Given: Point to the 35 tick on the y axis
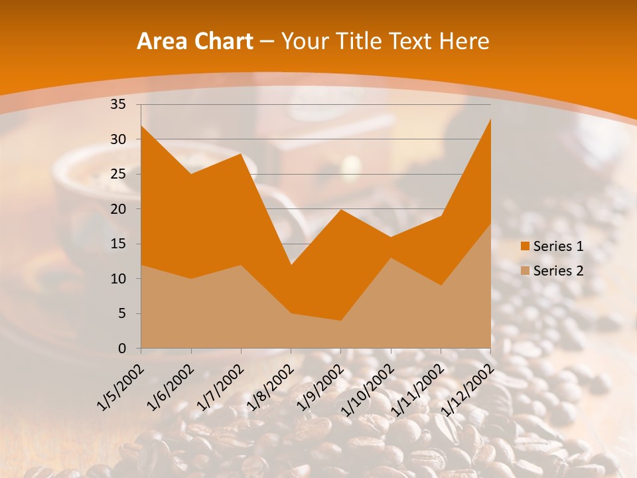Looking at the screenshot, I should tap(117, 104).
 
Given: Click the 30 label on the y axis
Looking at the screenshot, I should tap(117, 139).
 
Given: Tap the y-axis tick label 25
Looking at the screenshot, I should tap(117, 174).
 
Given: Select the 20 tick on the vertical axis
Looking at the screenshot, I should tap(117, 209).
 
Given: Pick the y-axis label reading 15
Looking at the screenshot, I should tap(117, 244).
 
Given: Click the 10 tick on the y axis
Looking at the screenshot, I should tap(117, 279).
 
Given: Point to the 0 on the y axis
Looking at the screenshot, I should tap(121, 349).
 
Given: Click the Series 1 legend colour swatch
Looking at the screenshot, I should tap(525, 246).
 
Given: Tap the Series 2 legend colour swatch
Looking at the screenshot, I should tap(525, 270).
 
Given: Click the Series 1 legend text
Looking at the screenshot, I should tap(558, 246).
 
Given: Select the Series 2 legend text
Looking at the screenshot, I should tap(558, 270).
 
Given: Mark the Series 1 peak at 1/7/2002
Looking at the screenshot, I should tap(241, 153).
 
